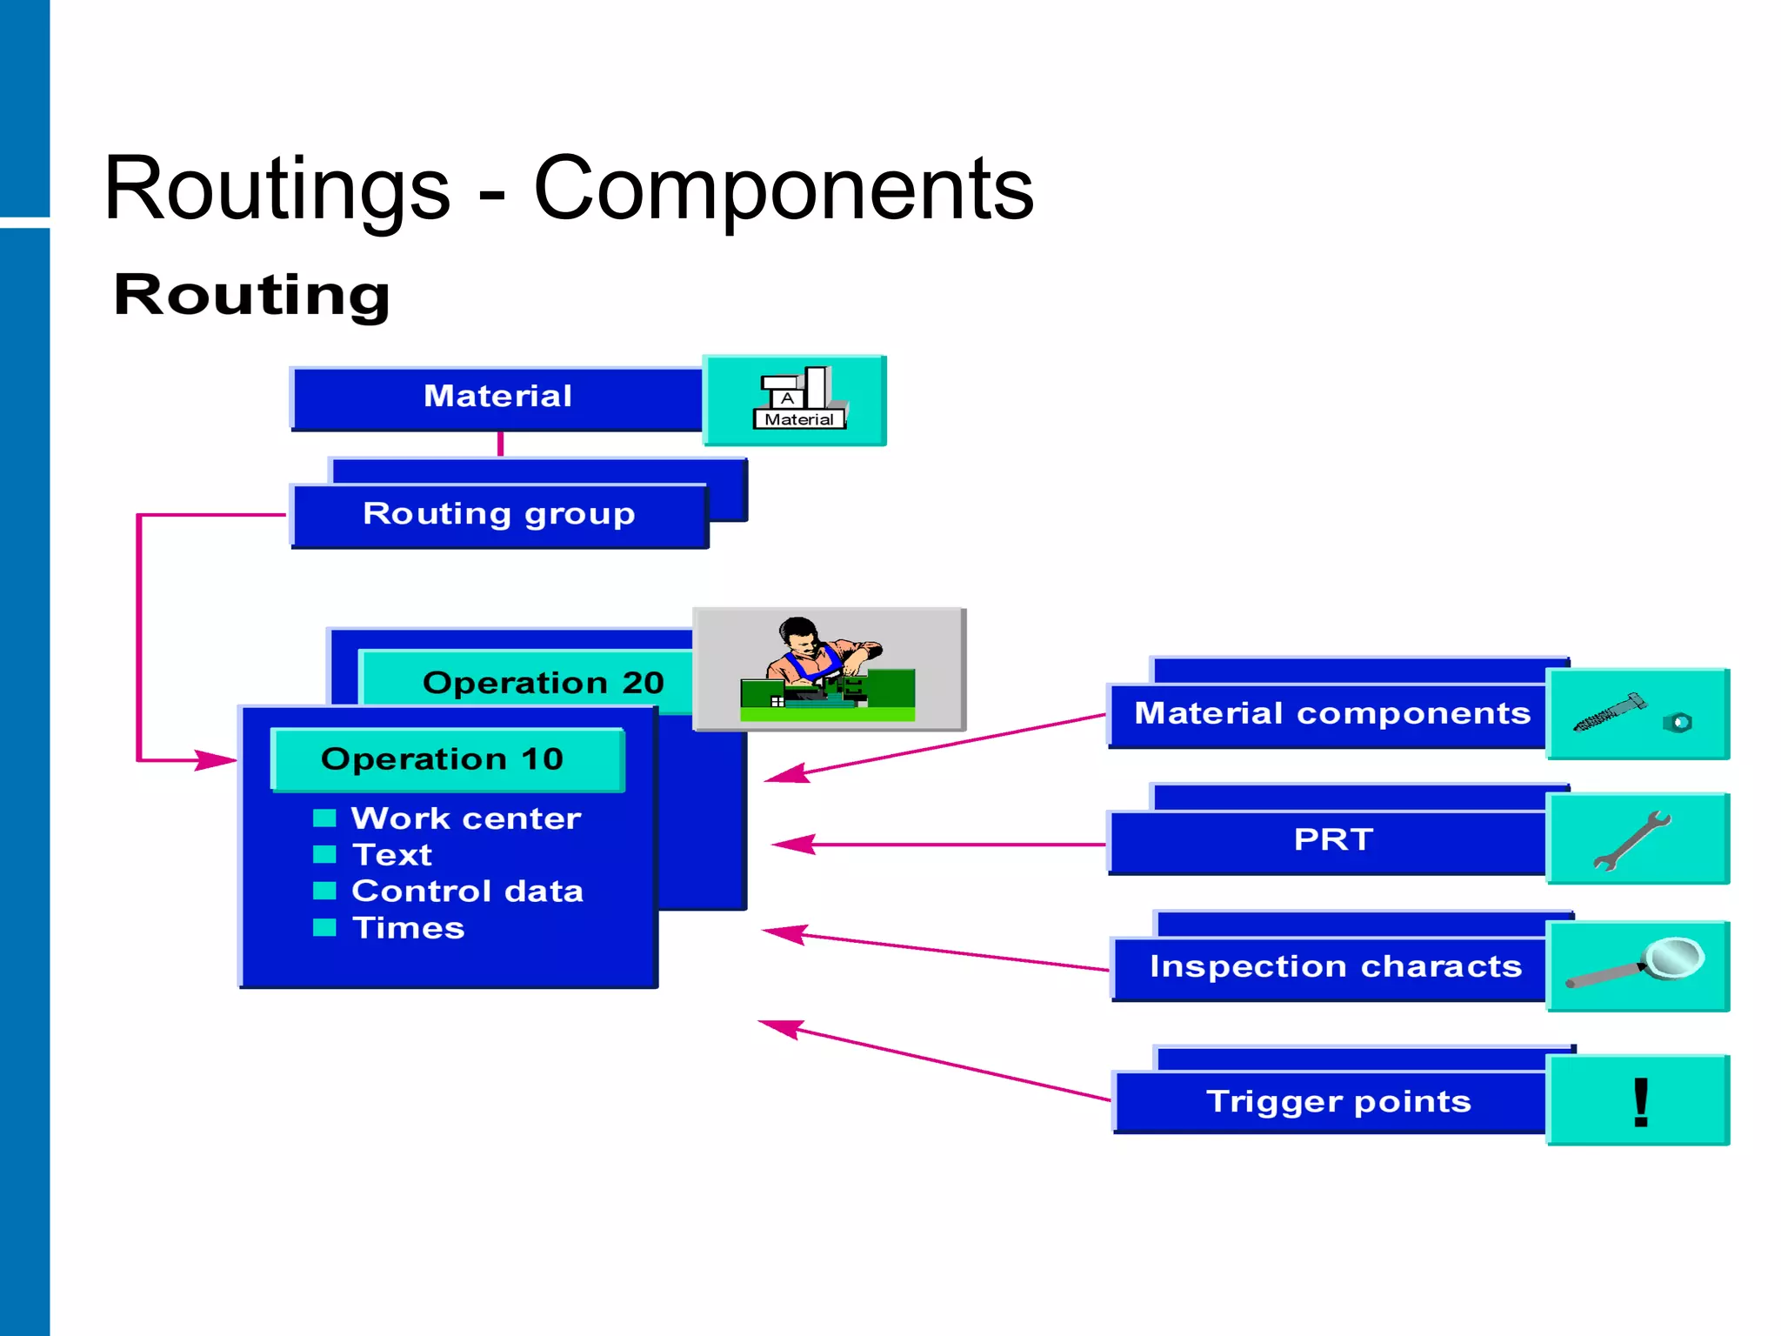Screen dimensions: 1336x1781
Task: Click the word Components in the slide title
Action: (x=783, y=190)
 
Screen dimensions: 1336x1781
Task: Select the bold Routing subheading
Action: (x=251, y=296)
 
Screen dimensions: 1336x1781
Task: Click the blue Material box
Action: (x=497, y=397)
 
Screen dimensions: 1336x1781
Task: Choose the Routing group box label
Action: (x=498, y=514)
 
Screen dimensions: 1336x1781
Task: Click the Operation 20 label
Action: (x=543, y=683)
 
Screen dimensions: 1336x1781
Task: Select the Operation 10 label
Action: (x=442, y=759)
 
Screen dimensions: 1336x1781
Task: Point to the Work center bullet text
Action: (x=465, y=818)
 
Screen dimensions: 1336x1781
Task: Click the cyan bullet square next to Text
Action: (x=324, y=854)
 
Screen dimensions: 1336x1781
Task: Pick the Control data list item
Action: (x=467, y=892)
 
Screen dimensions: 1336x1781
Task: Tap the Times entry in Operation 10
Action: (x=408, y=928)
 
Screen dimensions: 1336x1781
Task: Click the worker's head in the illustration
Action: (x=797, y=633)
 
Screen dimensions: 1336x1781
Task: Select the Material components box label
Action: (x=1331, y=714)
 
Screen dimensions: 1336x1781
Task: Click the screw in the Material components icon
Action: (x=1608, y=714)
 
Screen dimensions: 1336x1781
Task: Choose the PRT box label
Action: (x=1332, y=840)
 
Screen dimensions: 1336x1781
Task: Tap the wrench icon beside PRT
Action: (x=1631, y=840)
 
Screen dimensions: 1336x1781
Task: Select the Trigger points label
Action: (x=1337, y=1102)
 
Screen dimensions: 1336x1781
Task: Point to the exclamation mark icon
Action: (x=1640, y=1102)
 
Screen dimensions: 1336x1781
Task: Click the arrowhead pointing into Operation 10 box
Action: (x=214, y=760)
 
